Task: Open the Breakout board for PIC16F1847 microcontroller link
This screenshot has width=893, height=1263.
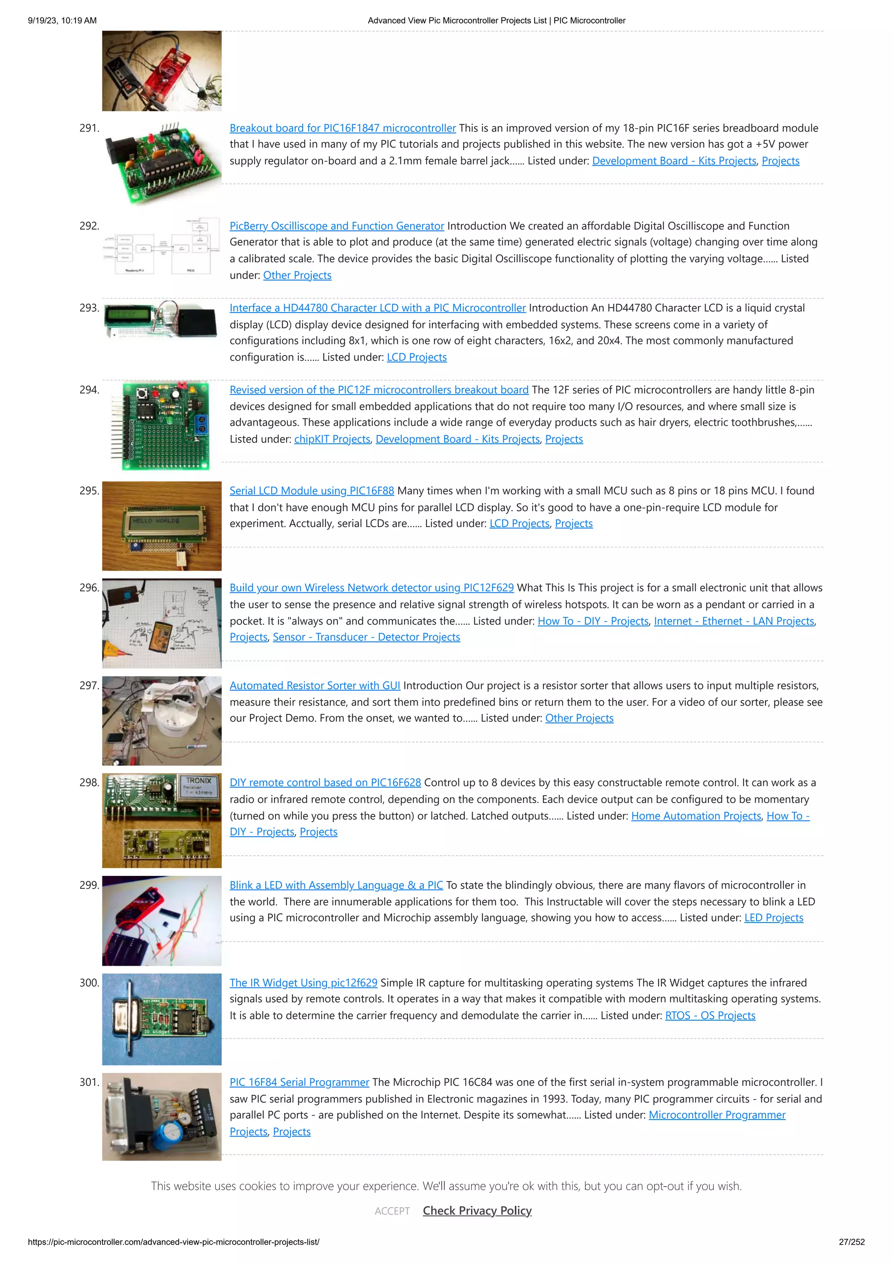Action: [342, 128]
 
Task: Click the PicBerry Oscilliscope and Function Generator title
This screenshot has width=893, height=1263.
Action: [336, 226]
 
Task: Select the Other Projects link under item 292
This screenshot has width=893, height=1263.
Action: [297, 276]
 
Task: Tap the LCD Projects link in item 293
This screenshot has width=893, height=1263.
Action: [416, 357]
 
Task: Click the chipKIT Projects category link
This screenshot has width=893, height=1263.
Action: [332, 439]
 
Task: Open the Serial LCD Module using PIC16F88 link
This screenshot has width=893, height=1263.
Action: [311, 490]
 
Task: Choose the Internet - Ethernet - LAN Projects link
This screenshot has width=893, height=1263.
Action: [733, 621]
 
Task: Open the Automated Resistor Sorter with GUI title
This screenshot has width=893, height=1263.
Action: [315, 686]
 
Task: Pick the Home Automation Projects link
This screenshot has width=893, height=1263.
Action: [695, 816]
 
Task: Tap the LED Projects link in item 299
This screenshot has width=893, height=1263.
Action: [773, 918]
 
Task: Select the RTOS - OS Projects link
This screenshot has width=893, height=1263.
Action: [710, 1016]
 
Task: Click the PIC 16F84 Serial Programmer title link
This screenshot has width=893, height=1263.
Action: [299, 1083]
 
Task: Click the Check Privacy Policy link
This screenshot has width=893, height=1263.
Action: [477, 1211]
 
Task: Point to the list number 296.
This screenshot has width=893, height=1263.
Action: [89, 588]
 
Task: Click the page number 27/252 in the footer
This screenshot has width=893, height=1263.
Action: [851, 1242]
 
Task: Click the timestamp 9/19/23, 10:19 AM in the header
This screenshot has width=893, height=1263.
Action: [62, 20]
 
